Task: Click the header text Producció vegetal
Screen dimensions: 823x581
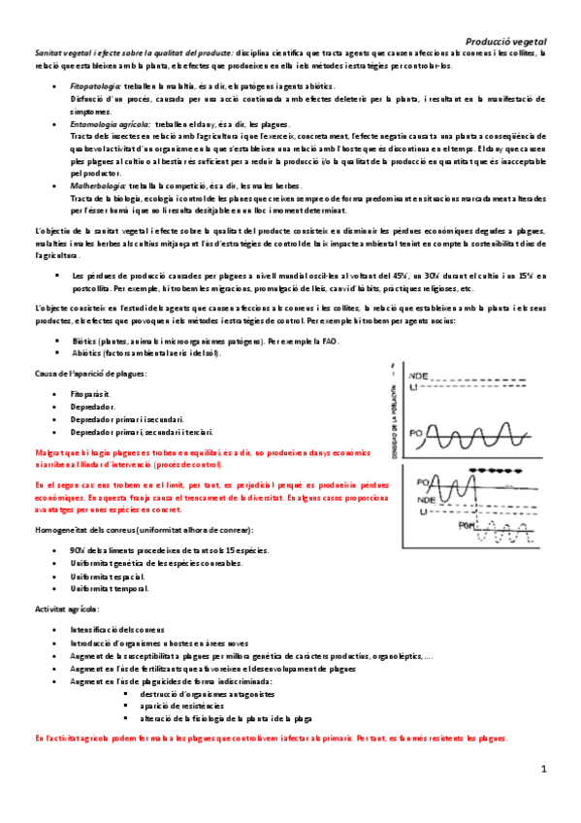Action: [505, 42]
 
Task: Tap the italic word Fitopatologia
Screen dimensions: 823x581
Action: [95, 87]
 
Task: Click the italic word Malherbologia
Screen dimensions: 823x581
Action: [98, 185]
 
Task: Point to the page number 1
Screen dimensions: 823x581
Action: [544, 770]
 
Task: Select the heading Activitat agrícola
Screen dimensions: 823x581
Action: [66, 609]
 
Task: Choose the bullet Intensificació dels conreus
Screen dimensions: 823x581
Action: [117, 630]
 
